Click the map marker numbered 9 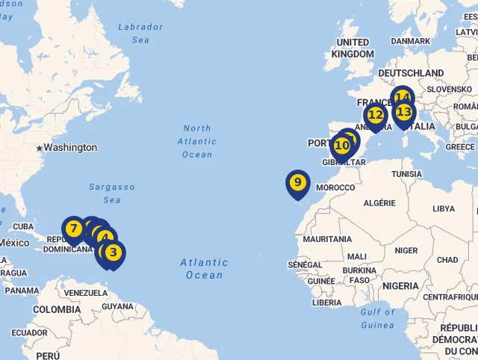pyautogui.click(x=297, y=182)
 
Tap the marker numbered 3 pyautogui.click(x=113, y=252)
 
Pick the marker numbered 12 pyautogui.click(x=375, y=115)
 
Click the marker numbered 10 pyautogui.click(x=342, y=145)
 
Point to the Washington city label pyautogui.click(x=69, y=148)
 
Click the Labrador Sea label pyautogui.click(x=140, y=33)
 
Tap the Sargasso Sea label pyautogui.click(x=112, y=193)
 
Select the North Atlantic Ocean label pyautogui.click(x=197, y=141)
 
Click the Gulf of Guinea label pyautogui.click(x=377, y=318)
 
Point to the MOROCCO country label pyautogui.click(x=335, y=187)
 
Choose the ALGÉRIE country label pyautogui.click(x=379, y=202)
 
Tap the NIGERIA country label pyautogui.click(x=400, y=285)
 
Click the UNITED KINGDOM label pyautogui.click(x=353, y=48)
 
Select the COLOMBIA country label pyautogui.click(x=57, y=309)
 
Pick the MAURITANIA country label pyautogui.click(x=327, y=239)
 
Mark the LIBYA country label pyautogui.click(x=443, y=208)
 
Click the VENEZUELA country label pyautogui.click(x=85, y=293)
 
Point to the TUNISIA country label pyautogui.click(x=406, y=174)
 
